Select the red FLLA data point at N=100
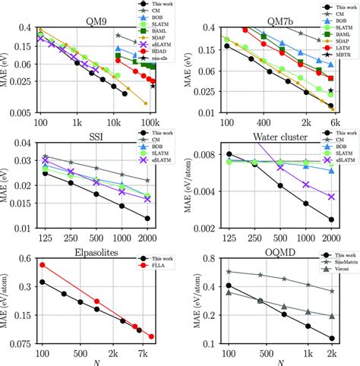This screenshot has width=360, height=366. pos(43,265)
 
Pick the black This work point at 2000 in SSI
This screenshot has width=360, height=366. pos(147,218)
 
